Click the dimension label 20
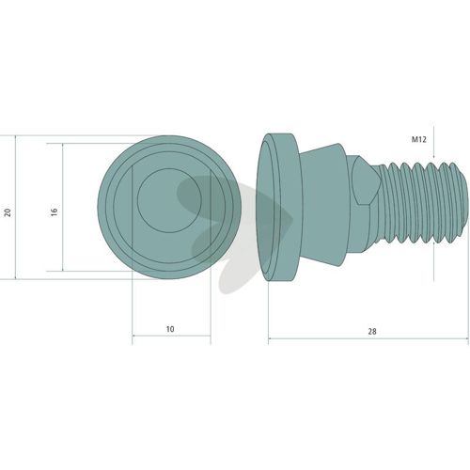click(x=8, y=212)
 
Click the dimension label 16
click(x=55, y=211)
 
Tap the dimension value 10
click(x=170, y=329)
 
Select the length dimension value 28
click(x=372, y=331)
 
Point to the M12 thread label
click(x=419, y=139)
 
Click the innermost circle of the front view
click(x=169, y=200)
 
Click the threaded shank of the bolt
click(x=420, y=203)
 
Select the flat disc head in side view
click(x=277, y=207)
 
